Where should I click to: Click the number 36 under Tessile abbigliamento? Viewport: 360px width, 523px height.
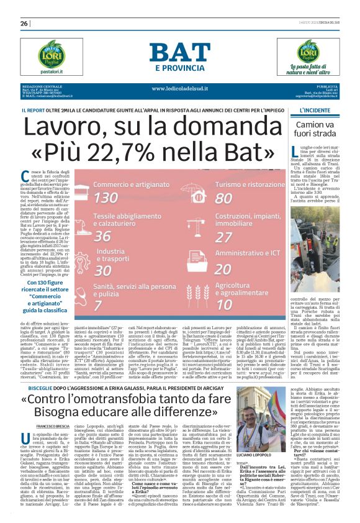coord(102,237)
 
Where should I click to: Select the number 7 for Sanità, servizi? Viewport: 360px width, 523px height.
coord(97,305)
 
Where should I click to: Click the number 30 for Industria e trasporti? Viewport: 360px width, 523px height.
coord(103,271)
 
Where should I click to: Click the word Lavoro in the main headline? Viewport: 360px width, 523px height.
coord(66,128)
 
